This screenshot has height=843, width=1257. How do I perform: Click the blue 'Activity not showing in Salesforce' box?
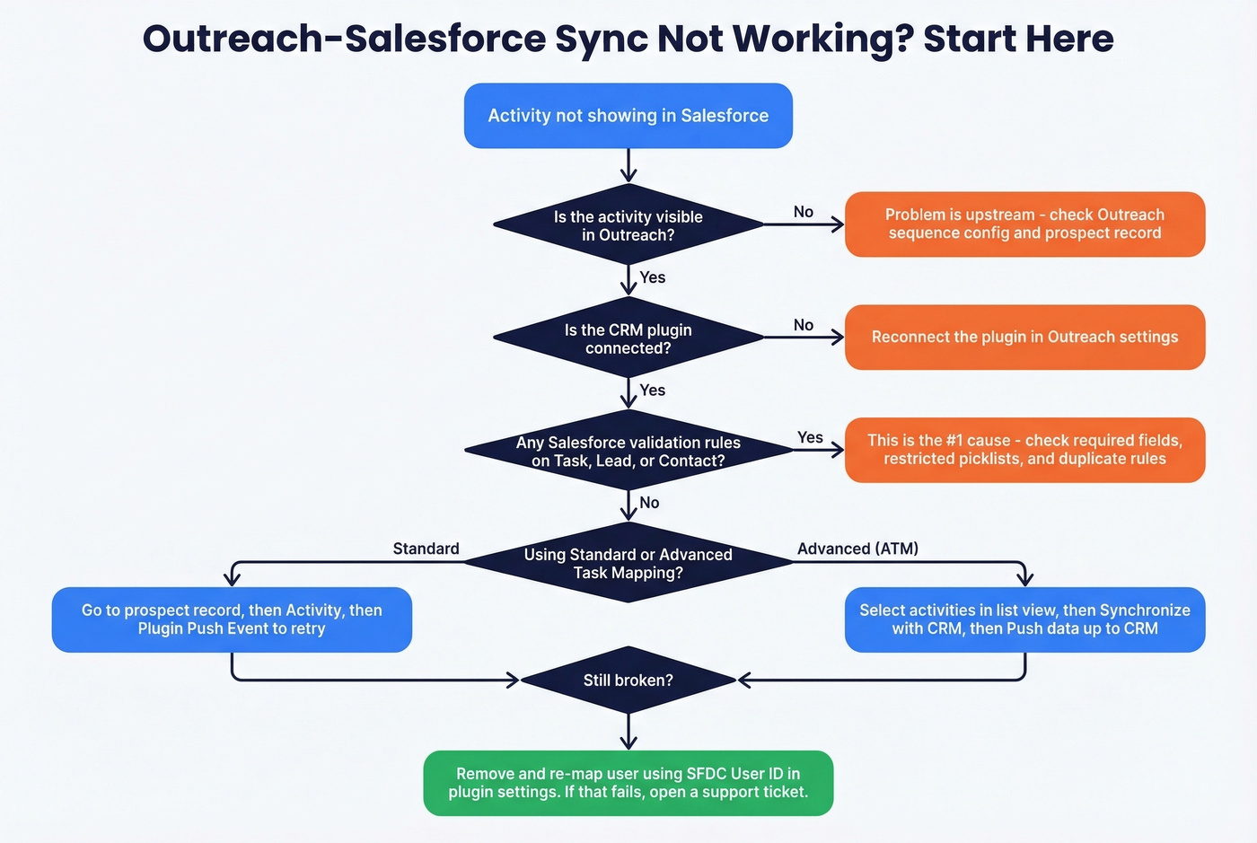(x=628, y=116)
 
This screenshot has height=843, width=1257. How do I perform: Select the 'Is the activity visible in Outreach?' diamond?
(x=628, y=225)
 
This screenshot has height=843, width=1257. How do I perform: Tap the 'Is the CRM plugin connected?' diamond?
(x=628, y=338)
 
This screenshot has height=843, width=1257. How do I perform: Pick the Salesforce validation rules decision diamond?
(x=628, y=451)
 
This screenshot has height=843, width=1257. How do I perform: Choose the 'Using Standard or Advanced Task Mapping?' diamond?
(x=628, y=563)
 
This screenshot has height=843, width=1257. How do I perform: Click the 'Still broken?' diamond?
(x=628, y=680)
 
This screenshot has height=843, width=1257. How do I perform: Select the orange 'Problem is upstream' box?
(x=1024, y=224)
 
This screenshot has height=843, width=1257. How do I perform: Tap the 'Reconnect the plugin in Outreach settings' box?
(x=1024, y=337)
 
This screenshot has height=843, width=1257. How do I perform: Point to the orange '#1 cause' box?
(x=1024, y=450)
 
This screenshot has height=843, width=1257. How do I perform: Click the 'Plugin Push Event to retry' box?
(x=232, y=619)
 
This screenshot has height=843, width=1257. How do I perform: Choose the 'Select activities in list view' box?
(x=1024, y=619)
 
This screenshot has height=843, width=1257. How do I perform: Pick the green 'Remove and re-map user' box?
(x=628, y=783)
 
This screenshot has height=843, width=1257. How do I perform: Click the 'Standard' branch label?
(x=426, y=549)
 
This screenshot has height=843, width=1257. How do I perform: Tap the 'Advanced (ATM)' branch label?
(x=857, y=549)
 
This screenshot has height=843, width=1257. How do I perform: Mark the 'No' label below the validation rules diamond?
(x=649, y=503)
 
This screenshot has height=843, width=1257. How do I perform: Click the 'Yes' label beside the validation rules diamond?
(x=810, y=437)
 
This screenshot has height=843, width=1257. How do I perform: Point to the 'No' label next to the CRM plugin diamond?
(x=804, y=325)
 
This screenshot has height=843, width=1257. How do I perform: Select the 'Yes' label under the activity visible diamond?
(x=653, y=277)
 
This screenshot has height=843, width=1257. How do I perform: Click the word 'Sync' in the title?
(x=597, y=40)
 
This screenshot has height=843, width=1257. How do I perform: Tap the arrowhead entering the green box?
(x=628, y=742)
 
